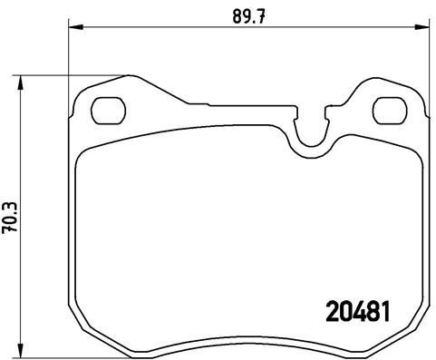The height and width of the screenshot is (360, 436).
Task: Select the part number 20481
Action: point(358,311)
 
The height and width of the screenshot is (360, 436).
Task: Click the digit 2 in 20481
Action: point(332,311)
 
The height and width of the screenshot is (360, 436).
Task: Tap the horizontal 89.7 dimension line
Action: point(163,29)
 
